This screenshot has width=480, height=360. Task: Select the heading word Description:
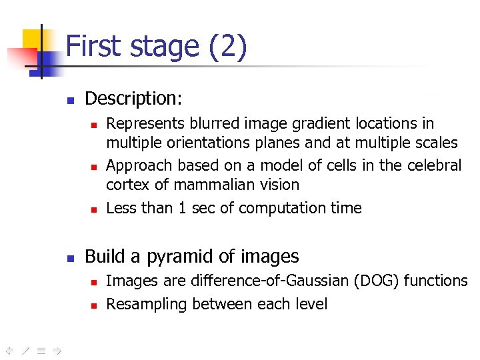pos(133,99)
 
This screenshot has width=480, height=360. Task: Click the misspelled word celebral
pos(434,165)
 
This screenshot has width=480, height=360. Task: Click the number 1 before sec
pos(182,208)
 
